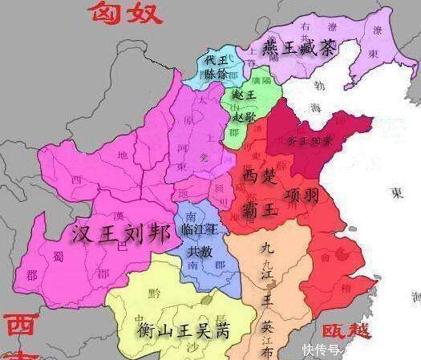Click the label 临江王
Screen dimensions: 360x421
(200, 229)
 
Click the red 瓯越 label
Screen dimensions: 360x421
(346, 330)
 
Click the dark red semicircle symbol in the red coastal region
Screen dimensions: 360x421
(346, 254)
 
